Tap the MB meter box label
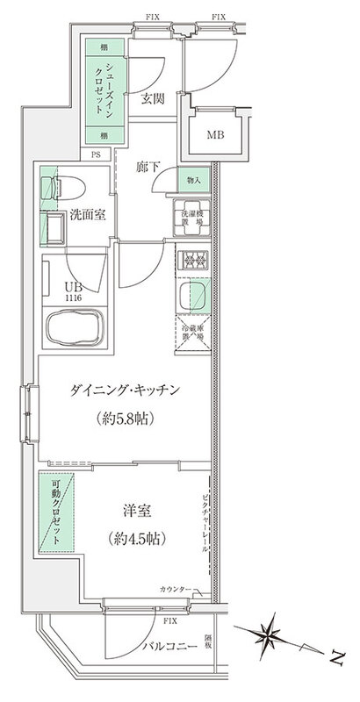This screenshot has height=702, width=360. click(215, 134)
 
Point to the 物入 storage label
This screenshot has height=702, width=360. click(193, 181)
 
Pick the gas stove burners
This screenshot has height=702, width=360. click(192, 261)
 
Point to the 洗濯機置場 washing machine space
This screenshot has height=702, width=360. click(192, 219)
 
